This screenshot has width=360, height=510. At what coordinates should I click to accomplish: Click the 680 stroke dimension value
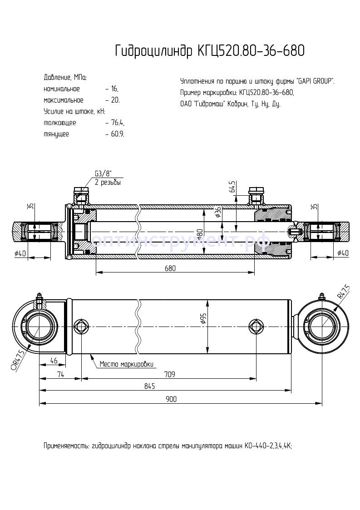tap(169, 268)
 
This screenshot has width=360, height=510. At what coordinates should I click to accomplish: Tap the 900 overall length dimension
tap(171, 399)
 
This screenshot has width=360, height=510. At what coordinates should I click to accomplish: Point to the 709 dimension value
tap(169, 374)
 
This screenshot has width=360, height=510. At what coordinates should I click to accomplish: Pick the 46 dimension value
tap(53, 361)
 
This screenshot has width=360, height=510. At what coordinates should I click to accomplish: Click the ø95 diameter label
tap(203, 319)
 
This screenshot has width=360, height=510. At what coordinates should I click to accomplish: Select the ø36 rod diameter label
tap(218, 212)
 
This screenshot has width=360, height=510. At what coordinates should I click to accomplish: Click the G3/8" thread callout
tap(104, 173)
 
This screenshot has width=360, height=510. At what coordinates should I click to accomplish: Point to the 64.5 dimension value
tap(232, 187)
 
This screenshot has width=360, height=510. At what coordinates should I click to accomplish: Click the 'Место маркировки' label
tap(127, 364)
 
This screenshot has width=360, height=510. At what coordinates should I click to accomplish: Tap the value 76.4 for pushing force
tap(117, 123)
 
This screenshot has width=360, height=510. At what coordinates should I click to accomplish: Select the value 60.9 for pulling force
tap(117, 134)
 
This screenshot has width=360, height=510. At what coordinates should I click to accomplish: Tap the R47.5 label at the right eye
tap(343, 291)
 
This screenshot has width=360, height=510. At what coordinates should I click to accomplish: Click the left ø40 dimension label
tap(20, 253)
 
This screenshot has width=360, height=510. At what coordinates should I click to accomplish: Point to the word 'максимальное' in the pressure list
tap(64, 100)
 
